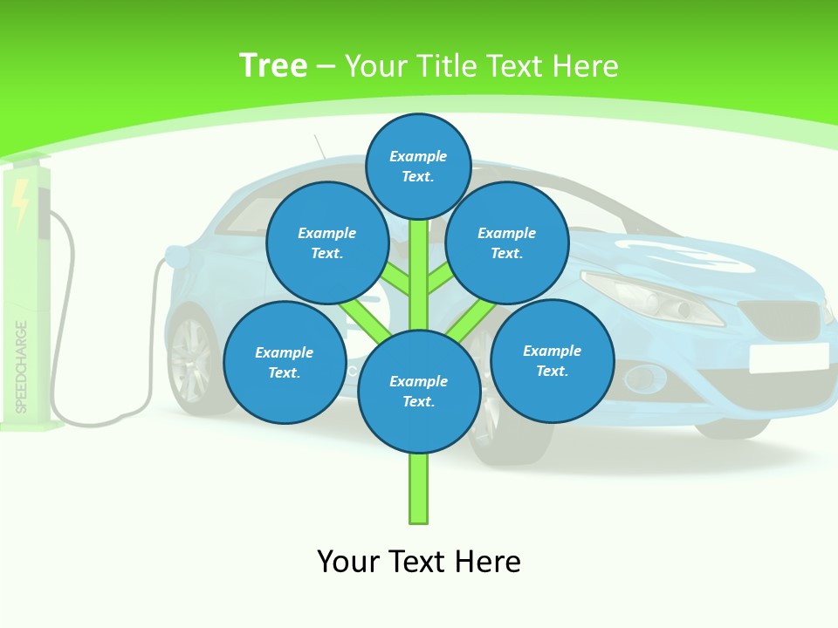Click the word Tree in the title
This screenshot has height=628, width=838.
(273, 65)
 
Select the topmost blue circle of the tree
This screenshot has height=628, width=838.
(418, 166)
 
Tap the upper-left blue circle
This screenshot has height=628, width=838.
(327, 242)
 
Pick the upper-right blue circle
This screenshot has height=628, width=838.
(507, 242)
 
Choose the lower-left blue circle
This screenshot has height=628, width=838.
(285, 362)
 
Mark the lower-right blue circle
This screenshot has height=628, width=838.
(553, 360)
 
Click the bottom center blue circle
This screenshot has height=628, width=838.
(419, 391)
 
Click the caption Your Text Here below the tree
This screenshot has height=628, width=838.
(419, 562)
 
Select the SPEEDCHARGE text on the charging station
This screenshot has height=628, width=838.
(22, 366)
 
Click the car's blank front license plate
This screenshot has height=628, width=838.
(788, 357)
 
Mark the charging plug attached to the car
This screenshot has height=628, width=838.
(177, 256)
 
